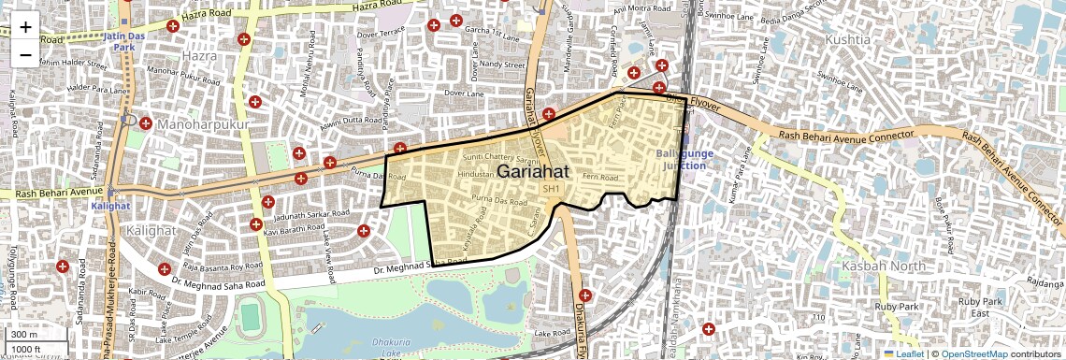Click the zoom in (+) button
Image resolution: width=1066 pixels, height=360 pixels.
[25, 27]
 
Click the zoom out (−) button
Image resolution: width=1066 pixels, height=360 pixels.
[25, 55]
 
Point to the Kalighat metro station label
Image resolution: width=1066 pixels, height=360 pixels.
[108, 206]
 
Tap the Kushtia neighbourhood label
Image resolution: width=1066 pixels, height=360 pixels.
[848, 39]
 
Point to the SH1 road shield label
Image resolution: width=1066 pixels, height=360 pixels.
[552, 190]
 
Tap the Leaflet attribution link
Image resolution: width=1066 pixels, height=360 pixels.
[906, 353]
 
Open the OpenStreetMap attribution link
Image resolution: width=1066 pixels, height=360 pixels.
[973, 353]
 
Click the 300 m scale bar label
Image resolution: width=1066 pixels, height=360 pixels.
[24, 335]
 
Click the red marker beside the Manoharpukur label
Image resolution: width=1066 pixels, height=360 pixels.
[145, 122]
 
